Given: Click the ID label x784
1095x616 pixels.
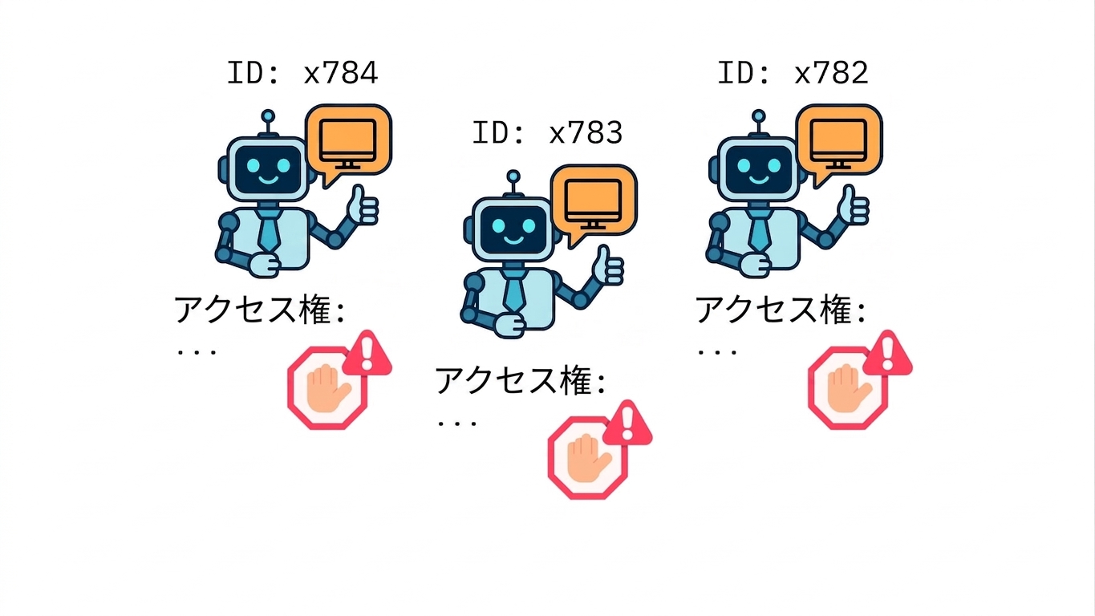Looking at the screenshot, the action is tap(302, 73).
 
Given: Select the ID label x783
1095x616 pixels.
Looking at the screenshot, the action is tap(547, 133).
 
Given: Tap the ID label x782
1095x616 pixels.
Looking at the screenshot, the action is tap(793, 73).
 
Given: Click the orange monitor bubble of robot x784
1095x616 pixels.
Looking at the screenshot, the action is tap(348, 142).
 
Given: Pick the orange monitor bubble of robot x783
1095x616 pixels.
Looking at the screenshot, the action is tap(594, 202).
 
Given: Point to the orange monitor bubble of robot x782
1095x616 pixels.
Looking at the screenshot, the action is tap(839, 142).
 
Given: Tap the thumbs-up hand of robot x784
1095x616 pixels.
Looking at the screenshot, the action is tap(363, 206).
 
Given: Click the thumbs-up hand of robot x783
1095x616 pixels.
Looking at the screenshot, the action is tap(607, 266).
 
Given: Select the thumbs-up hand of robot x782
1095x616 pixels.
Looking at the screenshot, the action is tap(853, 206).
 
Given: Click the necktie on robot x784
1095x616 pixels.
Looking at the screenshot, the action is tap(269, 231).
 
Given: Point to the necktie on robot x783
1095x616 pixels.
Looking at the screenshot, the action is tap(514, 292).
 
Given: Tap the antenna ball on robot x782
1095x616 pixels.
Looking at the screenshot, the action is tap(759, 116).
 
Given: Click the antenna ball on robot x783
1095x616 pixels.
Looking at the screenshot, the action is tap(513, 176).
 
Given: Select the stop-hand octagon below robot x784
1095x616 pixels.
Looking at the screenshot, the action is tap(327, 388).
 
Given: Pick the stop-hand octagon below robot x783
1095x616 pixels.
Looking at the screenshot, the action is tap(587, 458).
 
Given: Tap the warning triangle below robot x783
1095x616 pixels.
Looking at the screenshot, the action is tap(627, 424).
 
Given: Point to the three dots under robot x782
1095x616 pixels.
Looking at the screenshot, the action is tap(717, 351).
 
